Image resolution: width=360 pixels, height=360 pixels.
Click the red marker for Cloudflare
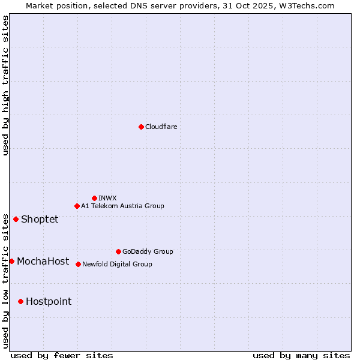(141, 127)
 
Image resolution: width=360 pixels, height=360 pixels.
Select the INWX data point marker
(94, 198)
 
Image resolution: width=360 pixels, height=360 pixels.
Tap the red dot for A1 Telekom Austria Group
(77, 206)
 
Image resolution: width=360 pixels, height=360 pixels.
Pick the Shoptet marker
(16, 219)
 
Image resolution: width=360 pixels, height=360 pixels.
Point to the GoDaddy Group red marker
(118, 251)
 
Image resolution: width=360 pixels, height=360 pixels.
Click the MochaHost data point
(11, 261)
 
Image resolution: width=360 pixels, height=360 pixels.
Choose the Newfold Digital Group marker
(78, 264)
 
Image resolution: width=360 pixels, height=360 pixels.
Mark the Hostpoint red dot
(20, 301)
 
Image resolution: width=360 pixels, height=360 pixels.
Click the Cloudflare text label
(161, 127)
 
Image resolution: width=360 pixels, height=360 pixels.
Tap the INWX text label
(107, 198)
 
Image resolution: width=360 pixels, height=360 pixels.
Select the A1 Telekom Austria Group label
(122, 206)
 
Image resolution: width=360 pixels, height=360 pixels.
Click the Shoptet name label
(40, 219)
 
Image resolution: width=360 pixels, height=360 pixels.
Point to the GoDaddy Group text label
(148, 251)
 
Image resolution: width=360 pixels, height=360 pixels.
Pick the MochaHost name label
(43, 261)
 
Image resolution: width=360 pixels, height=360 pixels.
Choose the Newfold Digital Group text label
(117, 264)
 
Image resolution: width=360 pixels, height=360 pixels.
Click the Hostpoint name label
(49, 301)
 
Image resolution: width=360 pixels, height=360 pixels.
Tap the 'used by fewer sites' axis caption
(62, 355)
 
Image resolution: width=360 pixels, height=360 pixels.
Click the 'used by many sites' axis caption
(301, 355)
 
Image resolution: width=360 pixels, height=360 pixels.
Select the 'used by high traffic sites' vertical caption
(5, 85)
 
